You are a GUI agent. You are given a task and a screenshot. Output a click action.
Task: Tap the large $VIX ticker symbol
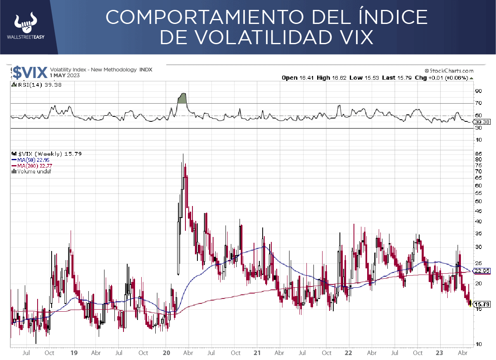coord(30,72)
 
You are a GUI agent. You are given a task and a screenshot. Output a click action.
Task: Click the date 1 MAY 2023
coord(65,76)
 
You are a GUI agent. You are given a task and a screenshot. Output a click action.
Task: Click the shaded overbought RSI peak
coord(182,98)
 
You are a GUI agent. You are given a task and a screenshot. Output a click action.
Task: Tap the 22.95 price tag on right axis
coord(482,271)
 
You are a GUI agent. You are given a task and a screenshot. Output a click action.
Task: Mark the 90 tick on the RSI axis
coord(478,91)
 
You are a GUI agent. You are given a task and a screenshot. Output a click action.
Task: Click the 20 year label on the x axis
coord(167,353)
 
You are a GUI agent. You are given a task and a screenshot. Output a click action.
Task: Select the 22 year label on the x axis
coord(348,353)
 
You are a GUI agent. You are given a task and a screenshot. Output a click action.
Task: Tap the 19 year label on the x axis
coord(74,353)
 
